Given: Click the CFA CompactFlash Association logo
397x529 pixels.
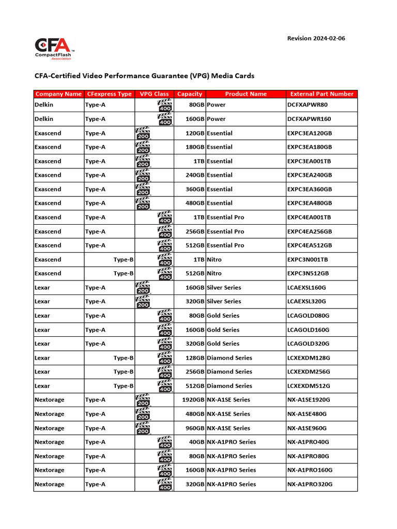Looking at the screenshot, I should (54, 48).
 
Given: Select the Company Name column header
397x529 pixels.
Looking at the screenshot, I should (58, 94).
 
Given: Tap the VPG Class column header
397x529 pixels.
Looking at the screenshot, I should (154, 94).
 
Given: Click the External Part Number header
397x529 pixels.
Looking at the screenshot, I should (322, 94).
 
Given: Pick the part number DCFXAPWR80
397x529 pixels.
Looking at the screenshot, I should (307, 105).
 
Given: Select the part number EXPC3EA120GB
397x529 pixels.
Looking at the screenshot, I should (309, 133).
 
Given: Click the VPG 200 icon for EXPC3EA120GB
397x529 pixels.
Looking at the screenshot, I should (143, 133).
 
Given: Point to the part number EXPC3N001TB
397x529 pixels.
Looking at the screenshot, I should (308, 260).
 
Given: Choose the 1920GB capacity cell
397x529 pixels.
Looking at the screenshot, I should (192, 400).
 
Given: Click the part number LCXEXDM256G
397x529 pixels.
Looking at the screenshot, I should (308, 372).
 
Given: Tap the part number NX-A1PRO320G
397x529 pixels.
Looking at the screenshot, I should (310, 485).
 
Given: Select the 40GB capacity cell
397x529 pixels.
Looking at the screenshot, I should (196, 442).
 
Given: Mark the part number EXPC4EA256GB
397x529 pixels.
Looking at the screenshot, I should (309, 231).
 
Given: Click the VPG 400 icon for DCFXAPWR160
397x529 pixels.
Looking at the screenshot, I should (165, 119).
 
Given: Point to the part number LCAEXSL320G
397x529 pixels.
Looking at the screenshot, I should (307, 302).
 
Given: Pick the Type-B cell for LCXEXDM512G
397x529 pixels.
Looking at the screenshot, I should (124, 386).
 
